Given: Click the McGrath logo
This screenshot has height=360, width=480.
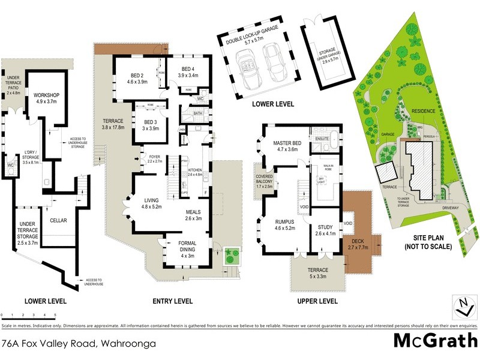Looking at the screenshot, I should click(x=435, y=340).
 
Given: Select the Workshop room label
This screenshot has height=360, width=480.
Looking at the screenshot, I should click(x=46, y=98).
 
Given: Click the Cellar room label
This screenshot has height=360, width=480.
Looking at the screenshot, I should click(x=58, y=220).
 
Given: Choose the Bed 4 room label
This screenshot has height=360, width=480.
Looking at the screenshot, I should click(x=191, y=73).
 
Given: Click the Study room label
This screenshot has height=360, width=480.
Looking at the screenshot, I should click(x=326, y=230).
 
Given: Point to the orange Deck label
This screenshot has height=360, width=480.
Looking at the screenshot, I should click(x=358, y=244).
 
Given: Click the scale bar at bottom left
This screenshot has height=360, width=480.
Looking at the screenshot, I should click(x=29, y=314).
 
